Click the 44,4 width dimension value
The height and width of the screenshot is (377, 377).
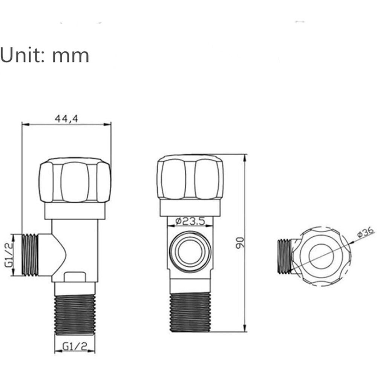(x=66, y=118)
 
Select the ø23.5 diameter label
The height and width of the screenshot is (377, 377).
(x=190, y=221)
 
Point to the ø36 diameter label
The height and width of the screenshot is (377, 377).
(x=366, y=232)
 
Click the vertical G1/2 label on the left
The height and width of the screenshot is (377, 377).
(x=9, y=254)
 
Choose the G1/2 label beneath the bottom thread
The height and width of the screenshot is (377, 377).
(x=75, y=346)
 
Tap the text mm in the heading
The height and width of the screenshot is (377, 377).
(x=71, y=57)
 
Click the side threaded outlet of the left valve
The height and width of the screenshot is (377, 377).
(x=30, y=254)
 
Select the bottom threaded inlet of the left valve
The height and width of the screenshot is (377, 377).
(x=75, y=315)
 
